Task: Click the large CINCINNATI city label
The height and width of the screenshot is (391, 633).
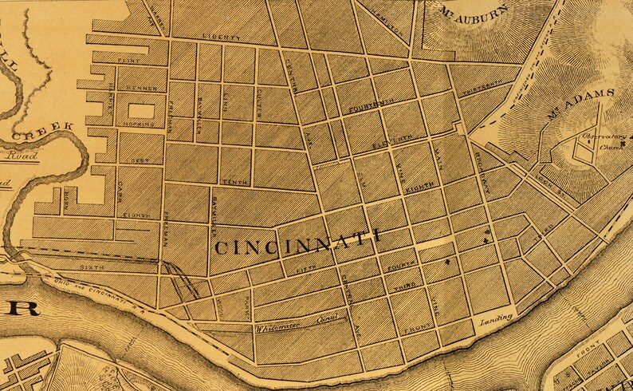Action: pyautogui.click(x=297, y=241)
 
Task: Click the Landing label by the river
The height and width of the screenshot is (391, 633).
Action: pyautogui.click(x=494, y=322)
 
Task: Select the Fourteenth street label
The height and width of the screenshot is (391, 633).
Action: pyautogui.click(x=372, y=105)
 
